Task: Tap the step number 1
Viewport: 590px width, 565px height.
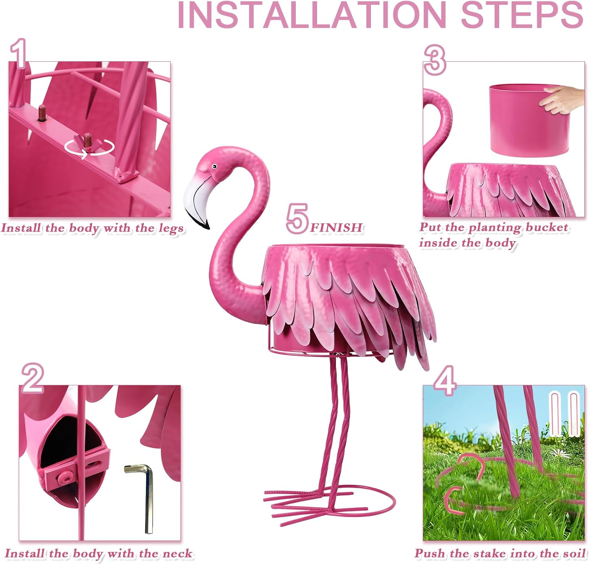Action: pos(18,53)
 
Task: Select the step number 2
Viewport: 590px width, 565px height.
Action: pos(32,378)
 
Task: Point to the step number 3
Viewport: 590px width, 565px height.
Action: pos(435,59)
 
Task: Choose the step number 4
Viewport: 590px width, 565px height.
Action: pos(445,380)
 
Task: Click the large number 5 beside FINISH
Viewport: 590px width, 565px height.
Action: pos(297,219)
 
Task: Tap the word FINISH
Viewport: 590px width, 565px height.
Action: pos(336,227)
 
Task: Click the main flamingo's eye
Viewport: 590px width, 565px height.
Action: pos(214,166)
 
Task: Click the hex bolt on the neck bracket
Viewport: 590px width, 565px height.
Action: pos(65,478)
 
